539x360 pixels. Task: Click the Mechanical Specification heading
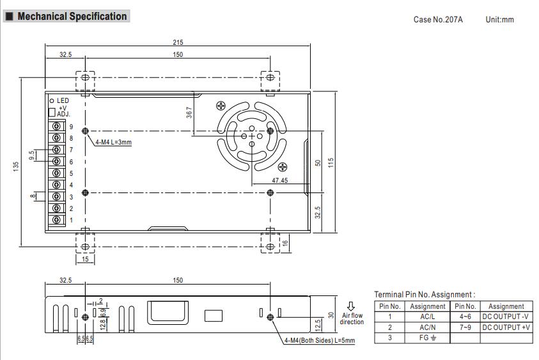(72, 17)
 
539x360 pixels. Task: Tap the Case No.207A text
(438, 20)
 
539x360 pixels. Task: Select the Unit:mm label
(499, 20)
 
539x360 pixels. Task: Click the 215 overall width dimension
(178, 42)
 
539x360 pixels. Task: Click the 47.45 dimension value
(279, 181)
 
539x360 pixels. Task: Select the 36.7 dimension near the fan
(189, 113)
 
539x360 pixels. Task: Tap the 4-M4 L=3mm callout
(113, 142)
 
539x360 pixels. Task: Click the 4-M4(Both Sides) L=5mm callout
(319, 340)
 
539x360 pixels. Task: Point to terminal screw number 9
(57, 126)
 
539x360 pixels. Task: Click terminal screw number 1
(57, 220)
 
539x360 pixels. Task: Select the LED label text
(63, 100)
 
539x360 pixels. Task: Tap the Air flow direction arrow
(350, 306)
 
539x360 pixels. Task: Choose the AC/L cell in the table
(427, 317)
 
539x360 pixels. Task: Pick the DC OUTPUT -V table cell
(506, 317)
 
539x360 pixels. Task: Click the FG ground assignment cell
(427, 338)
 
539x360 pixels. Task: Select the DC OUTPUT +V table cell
(506, 327)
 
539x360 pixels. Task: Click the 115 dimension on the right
(331, 162)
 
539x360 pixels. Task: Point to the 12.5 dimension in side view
(318, 325)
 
